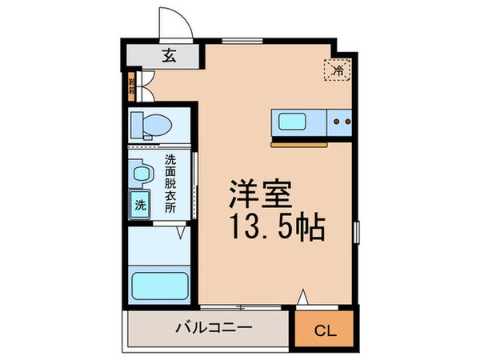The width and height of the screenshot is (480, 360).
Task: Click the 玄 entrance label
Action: [170, 56]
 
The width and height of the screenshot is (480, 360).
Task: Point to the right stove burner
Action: [349, 123]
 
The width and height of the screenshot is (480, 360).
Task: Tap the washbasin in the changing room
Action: [142, 173]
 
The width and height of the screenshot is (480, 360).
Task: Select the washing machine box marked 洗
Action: [141, 203]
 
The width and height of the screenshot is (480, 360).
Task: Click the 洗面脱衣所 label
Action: [170, 182]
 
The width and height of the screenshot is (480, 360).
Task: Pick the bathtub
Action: [159, 283]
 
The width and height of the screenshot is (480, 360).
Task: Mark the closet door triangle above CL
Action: [303, 298]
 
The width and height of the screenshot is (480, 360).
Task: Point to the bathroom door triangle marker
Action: [182, 233]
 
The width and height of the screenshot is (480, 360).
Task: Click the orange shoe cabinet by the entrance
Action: [131, 86]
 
